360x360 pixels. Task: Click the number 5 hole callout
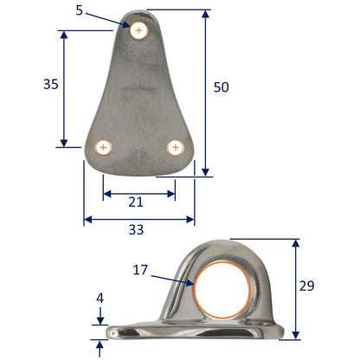104,12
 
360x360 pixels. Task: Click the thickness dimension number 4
100,297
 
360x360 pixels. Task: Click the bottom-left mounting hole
103,147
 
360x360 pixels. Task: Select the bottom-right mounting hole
176,147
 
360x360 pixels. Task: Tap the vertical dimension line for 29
296,289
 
